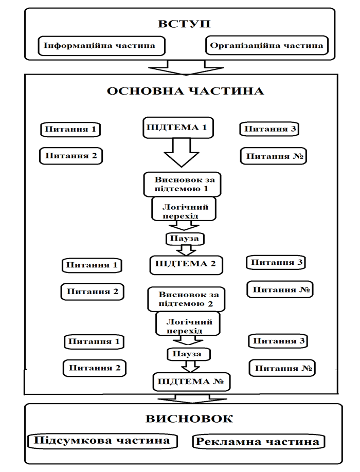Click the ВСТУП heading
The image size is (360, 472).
click(184, 24)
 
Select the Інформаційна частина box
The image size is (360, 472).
click(102, 46)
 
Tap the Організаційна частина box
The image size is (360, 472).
click(267, 45)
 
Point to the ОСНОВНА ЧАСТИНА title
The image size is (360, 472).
click(186, 91)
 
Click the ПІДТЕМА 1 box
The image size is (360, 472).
click(178, 128)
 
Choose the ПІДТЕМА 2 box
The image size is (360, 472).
click(186, 265)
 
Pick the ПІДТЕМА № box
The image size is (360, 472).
click(192, 382)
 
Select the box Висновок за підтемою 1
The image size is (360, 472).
click(182, 184)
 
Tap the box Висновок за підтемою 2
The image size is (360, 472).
click(186, 299)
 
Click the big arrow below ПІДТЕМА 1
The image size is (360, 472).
click(181, 153)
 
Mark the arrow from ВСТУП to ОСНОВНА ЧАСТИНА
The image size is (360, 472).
click(186, 68)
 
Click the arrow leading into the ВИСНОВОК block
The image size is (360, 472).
click(192, 399)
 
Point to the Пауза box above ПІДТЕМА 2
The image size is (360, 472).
click(185, 239)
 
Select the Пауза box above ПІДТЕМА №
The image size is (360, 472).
click(189, 354)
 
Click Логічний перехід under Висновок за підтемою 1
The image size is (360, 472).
click(184, 209)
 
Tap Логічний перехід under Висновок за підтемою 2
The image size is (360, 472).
click(188, 323)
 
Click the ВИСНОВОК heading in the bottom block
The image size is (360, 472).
click(189, 419)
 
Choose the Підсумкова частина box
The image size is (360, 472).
click(102, 441)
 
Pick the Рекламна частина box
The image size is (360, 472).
click(259, 442)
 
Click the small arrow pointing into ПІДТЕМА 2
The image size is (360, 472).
click(186, 250)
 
